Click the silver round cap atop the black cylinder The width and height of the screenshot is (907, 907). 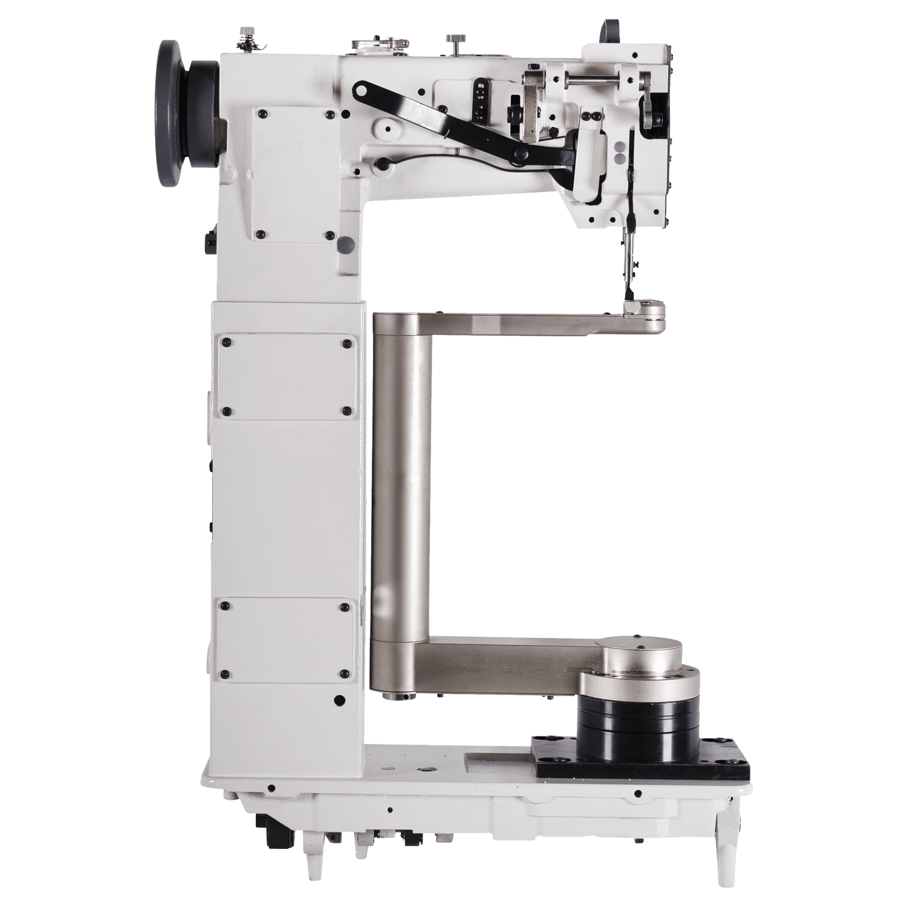pos(641,653)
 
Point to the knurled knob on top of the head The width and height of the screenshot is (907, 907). pos(453,42)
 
